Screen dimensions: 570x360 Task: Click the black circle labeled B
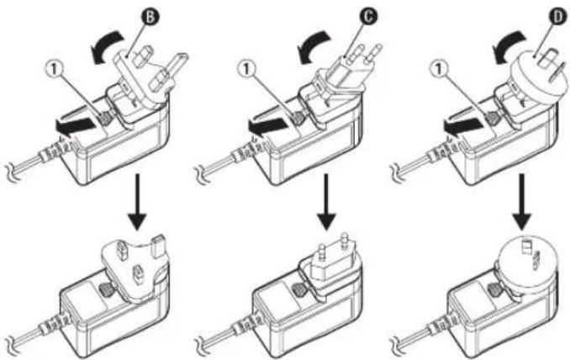pos(150,18)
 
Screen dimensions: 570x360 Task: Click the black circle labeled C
pos(368,16)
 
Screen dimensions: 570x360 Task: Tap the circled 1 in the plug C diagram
pos(247,68)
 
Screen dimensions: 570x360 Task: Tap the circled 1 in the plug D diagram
pos(439,68)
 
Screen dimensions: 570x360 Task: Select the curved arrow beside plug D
pos(509,45)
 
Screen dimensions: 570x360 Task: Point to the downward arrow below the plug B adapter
pos(137,202)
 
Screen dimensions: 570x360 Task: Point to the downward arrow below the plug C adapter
pos(326,202)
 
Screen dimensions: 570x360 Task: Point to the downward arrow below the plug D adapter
pos(522,202)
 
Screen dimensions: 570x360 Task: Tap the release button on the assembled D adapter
pos(494,290)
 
